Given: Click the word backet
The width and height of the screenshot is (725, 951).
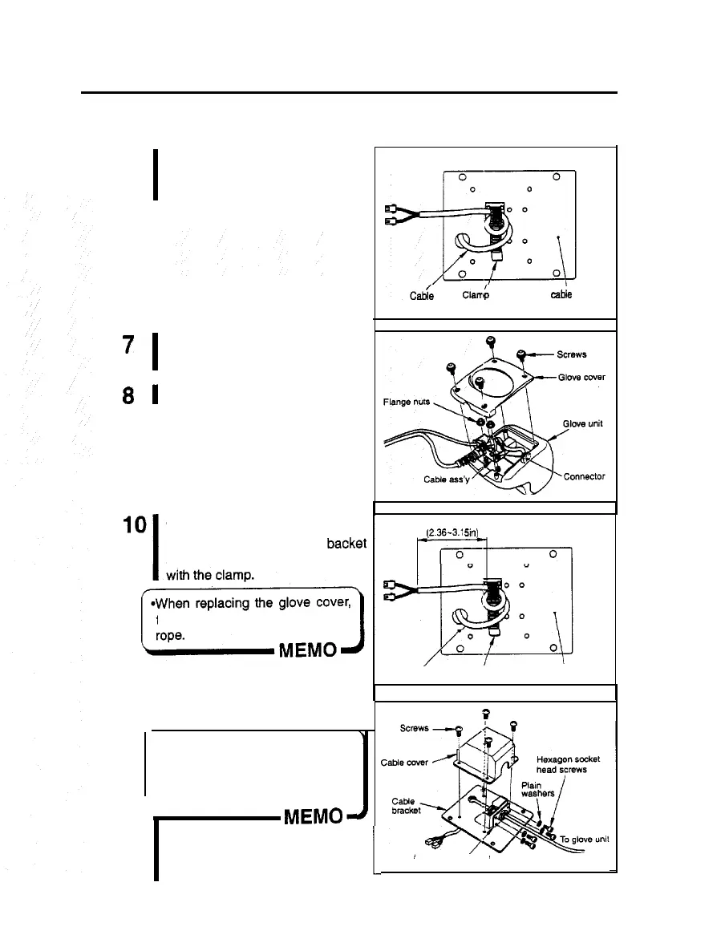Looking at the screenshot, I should [x=345, y=543].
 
